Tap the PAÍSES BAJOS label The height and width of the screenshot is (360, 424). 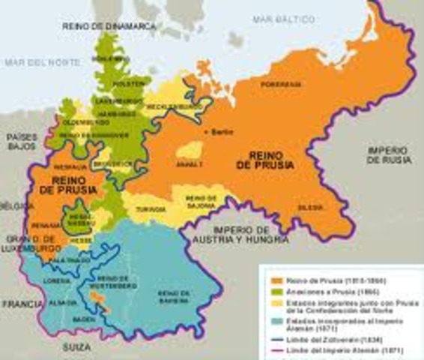click(22, 142)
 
